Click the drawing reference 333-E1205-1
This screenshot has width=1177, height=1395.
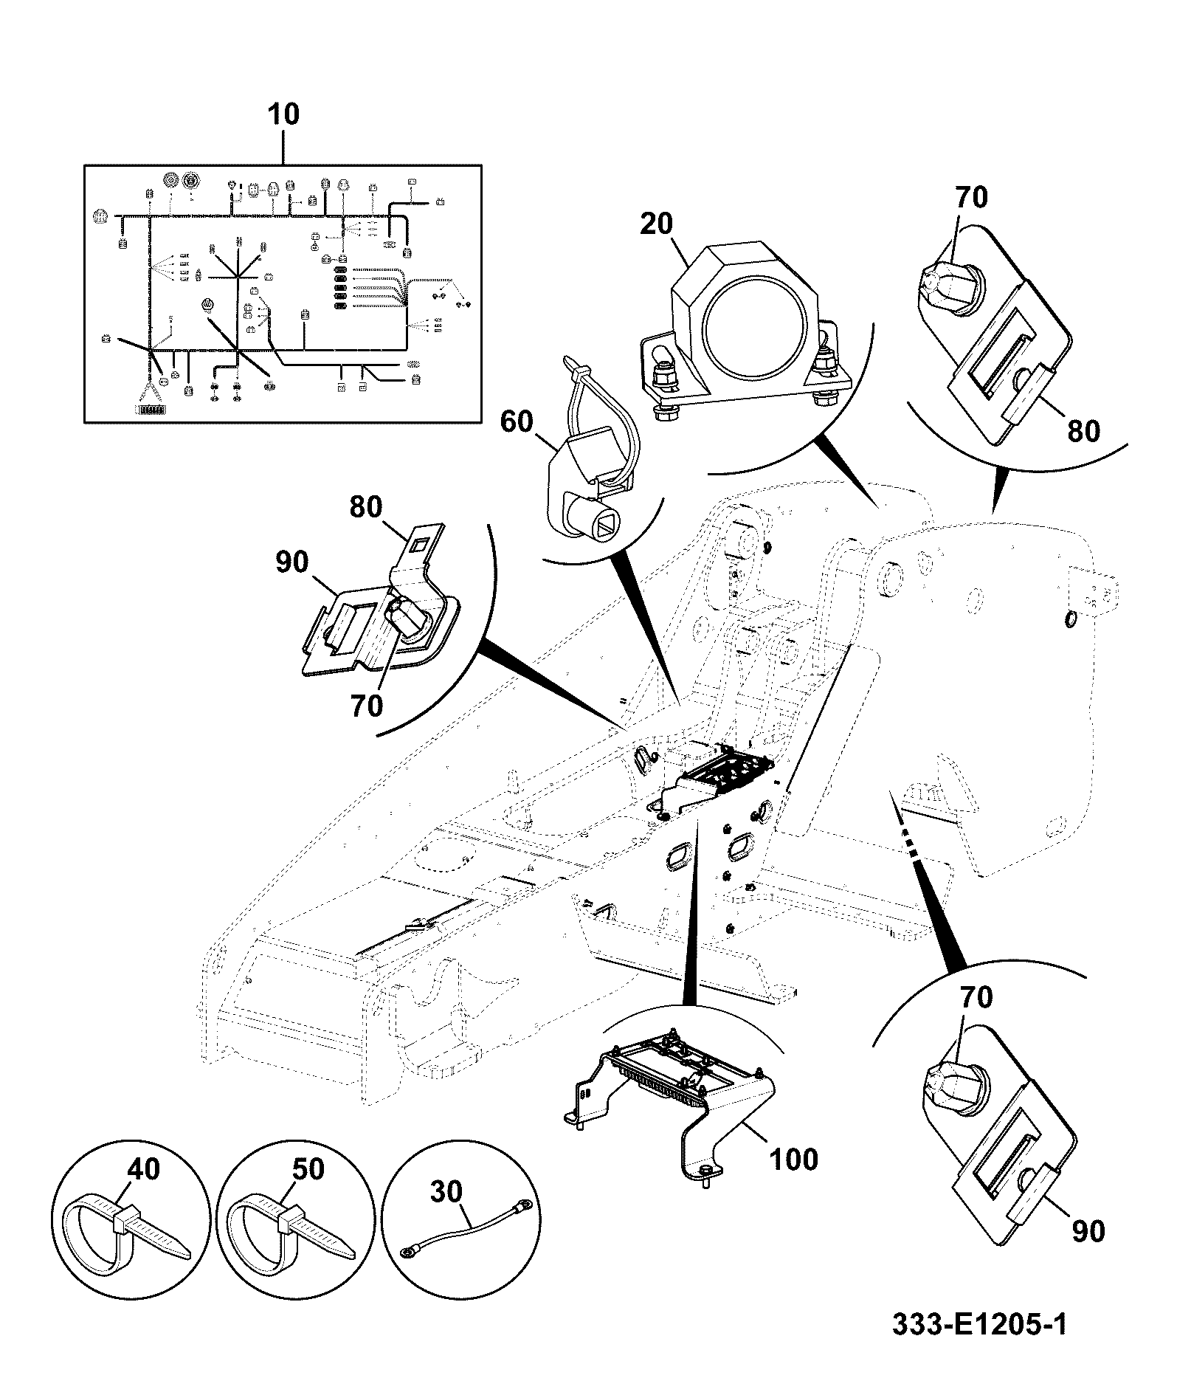(979, 1324)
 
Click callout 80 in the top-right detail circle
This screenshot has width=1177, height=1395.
(1083, 430)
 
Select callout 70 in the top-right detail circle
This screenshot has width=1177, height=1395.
(971, 198)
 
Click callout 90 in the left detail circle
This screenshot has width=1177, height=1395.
(291, 562)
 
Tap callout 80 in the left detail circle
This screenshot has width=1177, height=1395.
(366, 507)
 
